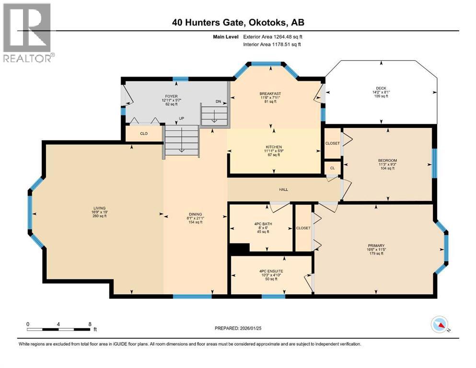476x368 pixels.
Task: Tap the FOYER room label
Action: click(171, 96)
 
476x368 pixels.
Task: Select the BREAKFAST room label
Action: click(270, 93)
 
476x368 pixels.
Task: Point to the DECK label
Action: click(381, 88)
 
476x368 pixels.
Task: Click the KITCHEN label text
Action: click(274, 147)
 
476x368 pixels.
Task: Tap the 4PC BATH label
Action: click(261, 223)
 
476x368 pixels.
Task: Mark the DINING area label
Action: click(195, 214)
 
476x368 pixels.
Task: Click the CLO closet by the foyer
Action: click(143, 134)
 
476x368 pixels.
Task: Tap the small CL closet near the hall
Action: click(333, 168)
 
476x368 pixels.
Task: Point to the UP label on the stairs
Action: click(182, 118)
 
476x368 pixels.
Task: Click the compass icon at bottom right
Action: click(440, 325)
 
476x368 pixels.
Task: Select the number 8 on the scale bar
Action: click(90, 324)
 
